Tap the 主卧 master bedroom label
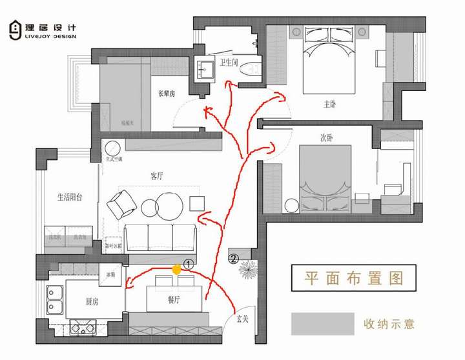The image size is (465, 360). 329,103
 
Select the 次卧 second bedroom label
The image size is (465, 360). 326,137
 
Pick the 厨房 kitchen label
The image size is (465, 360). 91,301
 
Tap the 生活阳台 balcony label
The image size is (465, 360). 65,197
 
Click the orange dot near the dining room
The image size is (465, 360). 176,270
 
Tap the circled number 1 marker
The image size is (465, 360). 189,264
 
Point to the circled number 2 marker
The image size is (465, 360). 233,260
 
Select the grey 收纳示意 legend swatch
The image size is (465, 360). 322,323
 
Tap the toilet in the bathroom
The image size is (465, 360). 250,70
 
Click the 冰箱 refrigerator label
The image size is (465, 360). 111,275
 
